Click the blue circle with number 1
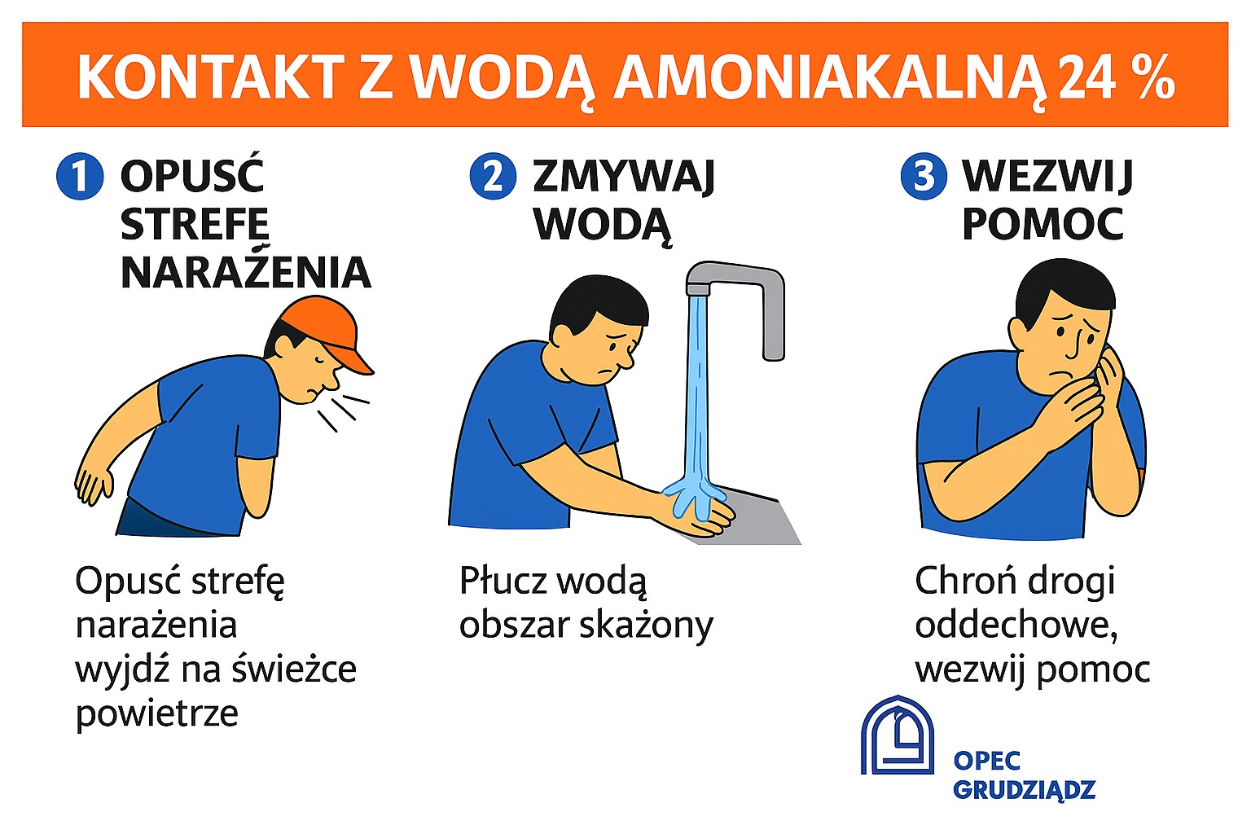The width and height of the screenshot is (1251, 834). [80, 176]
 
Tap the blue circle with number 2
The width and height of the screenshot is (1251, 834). [493, 176]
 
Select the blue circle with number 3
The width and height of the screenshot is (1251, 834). [924, 176]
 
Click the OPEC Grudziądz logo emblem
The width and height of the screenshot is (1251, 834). [898, 735]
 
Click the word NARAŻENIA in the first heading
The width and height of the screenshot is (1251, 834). [246, 272]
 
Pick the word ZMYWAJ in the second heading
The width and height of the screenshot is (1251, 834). [624, 177]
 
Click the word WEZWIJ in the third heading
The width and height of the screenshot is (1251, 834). [1047, 177]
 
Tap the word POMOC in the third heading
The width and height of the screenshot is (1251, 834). [1042, 224]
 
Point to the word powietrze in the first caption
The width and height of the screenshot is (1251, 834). [157, 714]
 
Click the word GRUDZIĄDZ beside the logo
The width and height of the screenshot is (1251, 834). [1025, 790]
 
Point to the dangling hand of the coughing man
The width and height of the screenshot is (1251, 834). [94, 485]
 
